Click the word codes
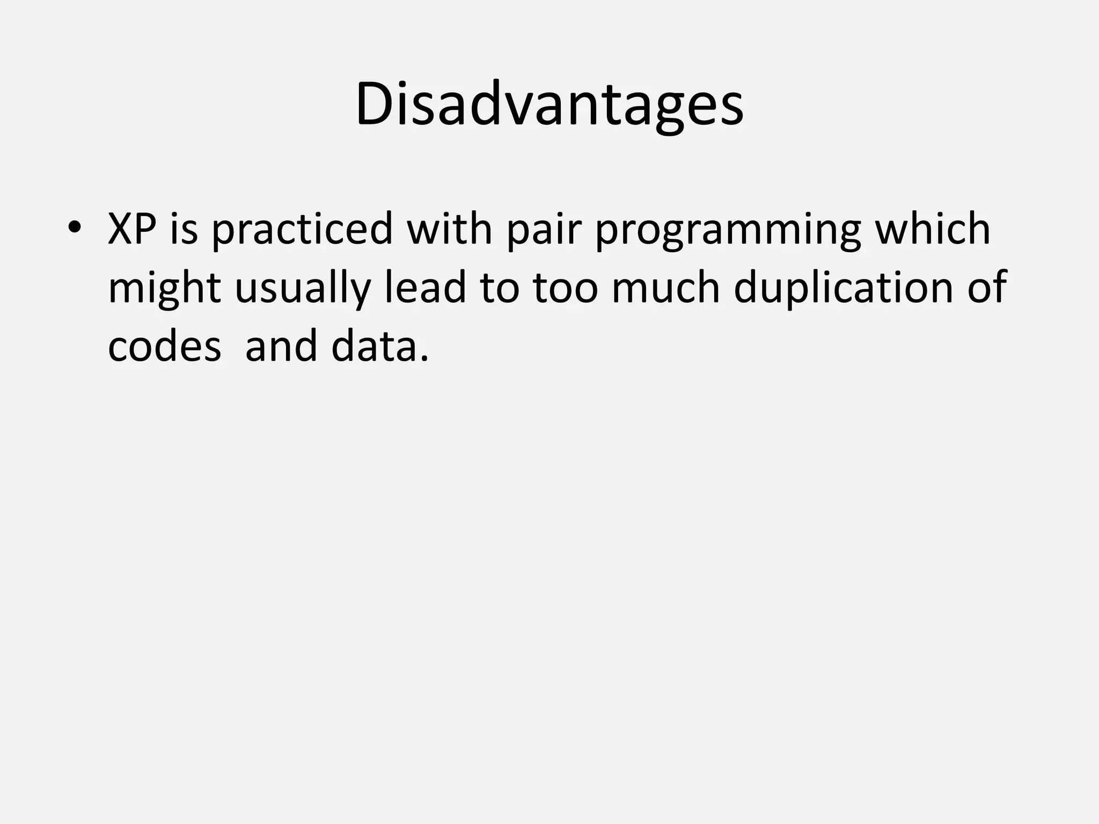tap(164, 347)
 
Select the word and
tap(281, 347)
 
